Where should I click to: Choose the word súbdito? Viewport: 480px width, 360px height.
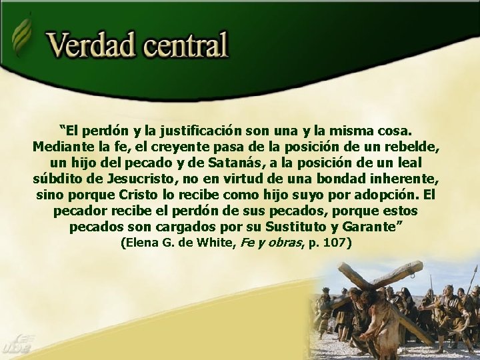[x=57, y=179]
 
